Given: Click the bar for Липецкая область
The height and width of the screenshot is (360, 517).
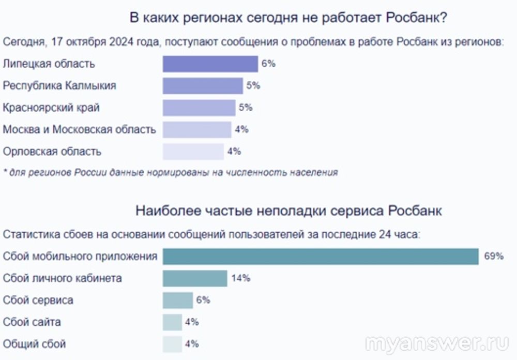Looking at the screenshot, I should click(210, 64).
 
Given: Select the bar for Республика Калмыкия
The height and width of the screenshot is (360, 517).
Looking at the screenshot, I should click(203, 86).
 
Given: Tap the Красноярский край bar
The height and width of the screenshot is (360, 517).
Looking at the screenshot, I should click(199, 108).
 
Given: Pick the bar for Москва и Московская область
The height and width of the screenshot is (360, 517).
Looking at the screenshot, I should click(196, 129).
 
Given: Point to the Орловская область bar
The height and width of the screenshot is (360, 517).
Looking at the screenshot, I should click(193, 152).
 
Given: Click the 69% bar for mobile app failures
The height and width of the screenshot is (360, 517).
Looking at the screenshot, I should click(321, 257).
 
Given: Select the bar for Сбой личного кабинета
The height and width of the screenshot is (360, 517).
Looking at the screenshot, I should click(195, 278).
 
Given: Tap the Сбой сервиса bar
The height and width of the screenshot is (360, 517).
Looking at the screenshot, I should click(177, 300).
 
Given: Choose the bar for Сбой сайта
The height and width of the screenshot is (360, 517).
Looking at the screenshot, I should click(172, 322).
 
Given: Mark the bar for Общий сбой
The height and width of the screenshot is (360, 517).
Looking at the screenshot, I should click(172, 343).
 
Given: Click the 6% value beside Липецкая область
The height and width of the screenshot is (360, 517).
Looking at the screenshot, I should click(268, 64).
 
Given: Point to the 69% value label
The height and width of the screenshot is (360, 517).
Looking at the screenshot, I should click(494, 257).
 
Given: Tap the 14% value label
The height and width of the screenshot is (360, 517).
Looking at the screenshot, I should click(241, 278).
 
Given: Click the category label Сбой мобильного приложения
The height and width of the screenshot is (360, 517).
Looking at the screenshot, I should click(80, 257).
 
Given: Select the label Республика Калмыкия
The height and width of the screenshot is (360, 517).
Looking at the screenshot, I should click(59, 86).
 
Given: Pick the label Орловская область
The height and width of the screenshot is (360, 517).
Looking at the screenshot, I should click(52, 152).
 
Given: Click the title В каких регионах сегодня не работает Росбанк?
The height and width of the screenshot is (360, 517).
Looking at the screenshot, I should click(288, 18).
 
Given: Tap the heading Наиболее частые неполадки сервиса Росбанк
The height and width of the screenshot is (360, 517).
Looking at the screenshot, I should click(288, 211).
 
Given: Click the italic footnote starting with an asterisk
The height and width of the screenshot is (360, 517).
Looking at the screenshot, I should click(170, 173).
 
